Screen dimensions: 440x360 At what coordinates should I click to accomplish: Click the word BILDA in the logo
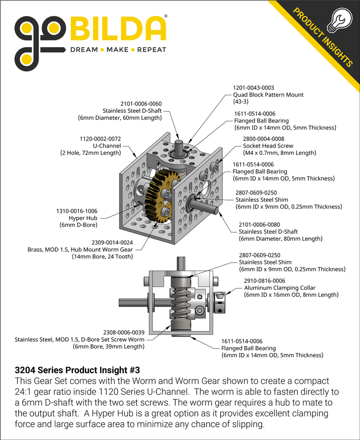(x=118, y=29)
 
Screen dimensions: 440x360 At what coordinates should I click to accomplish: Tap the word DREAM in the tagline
(x=83, y=50)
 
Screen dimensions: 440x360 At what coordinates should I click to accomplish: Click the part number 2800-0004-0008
(x=263, y=139)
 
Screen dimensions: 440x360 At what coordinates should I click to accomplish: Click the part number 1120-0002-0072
(x=100, y=139)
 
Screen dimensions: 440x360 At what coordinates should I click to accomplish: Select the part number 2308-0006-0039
(x=123, y=332)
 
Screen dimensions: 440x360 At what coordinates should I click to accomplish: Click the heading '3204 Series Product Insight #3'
(x=77, y=370)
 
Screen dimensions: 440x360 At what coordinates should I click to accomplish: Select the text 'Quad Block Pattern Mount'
(x=269, y=95)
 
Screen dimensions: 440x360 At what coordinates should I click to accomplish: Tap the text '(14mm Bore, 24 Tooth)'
(x=102, y=256)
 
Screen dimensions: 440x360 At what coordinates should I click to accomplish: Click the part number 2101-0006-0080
(x=259, y=224)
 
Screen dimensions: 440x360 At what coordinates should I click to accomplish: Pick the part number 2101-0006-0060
(x=141, y=104)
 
